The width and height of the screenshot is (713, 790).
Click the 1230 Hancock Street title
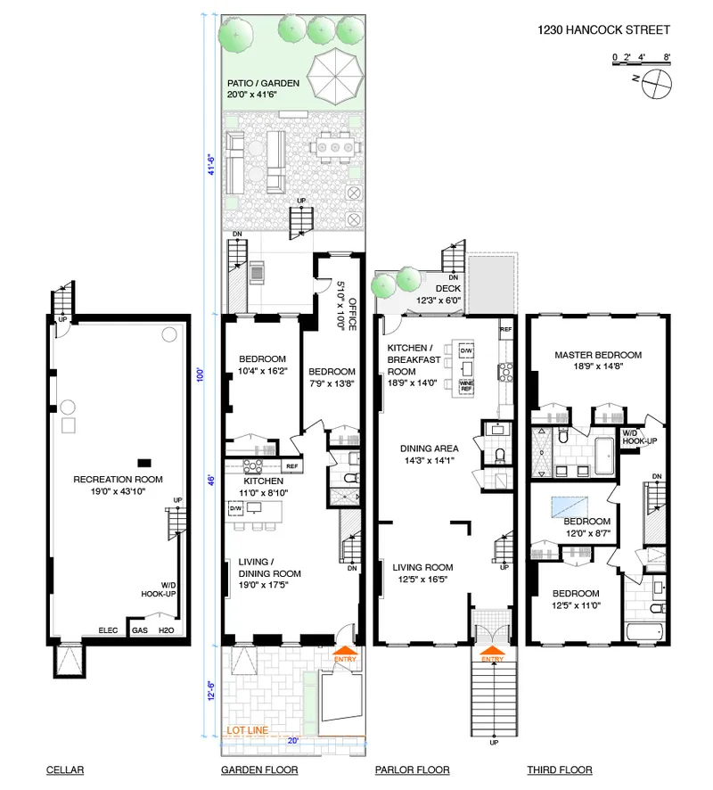click(x=603, y=29)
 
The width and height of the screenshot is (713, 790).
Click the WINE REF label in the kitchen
click(x=465, y=386)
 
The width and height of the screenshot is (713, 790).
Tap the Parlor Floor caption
click(x=412, y=769)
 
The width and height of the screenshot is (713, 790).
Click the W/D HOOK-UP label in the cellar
click(x=162, y=588)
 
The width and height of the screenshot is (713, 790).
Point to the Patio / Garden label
click(x=262, y=88)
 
